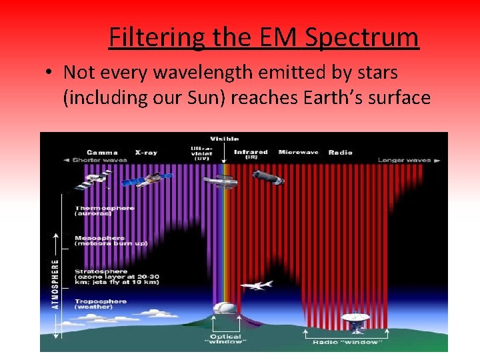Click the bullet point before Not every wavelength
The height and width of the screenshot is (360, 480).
(50, 72)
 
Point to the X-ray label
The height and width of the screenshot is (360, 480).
(146, 152)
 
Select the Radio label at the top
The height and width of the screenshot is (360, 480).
(340, 152)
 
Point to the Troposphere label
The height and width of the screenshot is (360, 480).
(99, 303)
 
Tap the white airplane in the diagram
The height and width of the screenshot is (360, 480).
(256, 285)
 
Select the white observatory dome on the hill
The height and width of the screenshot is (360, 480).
(223, 310)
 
